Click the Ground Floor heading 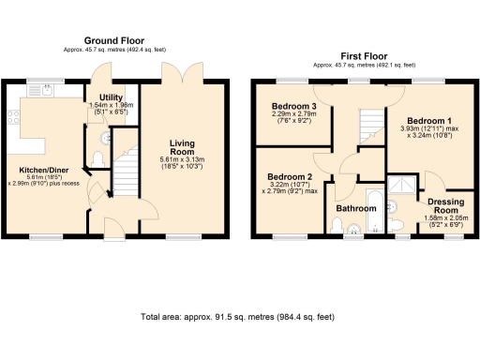pos(115,40)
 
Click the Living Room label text pos(182,148)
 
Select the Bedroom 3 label pos(292,106)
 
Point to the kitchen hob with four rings pos(13,118)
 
